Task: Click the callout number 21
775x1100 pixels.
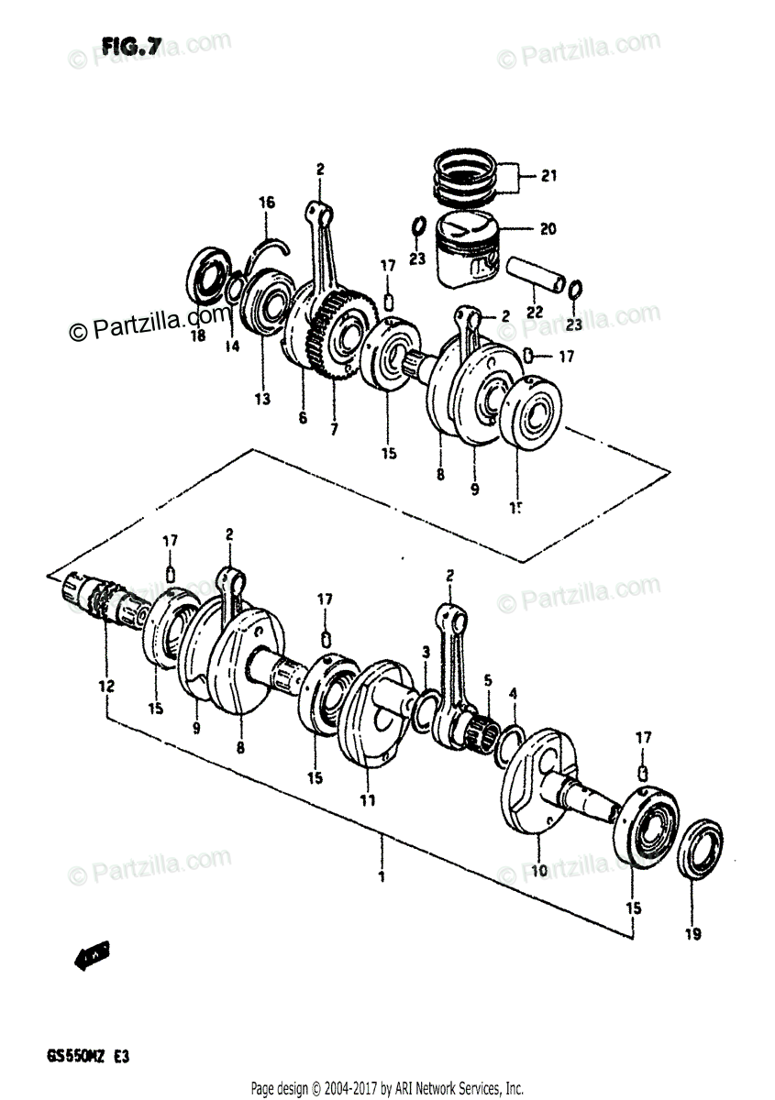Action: tap(548, 176)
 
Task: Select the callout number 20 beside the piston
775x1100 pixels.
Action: tap(548, 230)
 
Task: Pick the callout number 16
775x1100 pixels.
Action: tap(265, 203)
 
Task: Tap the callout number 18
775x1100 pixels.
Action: tap(198, 336)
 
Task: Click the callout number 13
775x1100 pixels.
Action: tap(262, 399)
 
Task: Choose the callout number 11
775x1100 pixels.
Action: tap(368, 800)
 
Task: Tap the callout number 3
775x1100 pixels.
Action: tap(426, 652)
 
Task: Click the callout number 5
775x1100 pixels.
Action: tap(488, 680)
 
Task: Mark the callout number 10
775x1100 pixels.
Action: tap(539, 869)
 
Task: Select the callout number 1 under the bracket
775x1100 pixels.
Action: tap(381, 876)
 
